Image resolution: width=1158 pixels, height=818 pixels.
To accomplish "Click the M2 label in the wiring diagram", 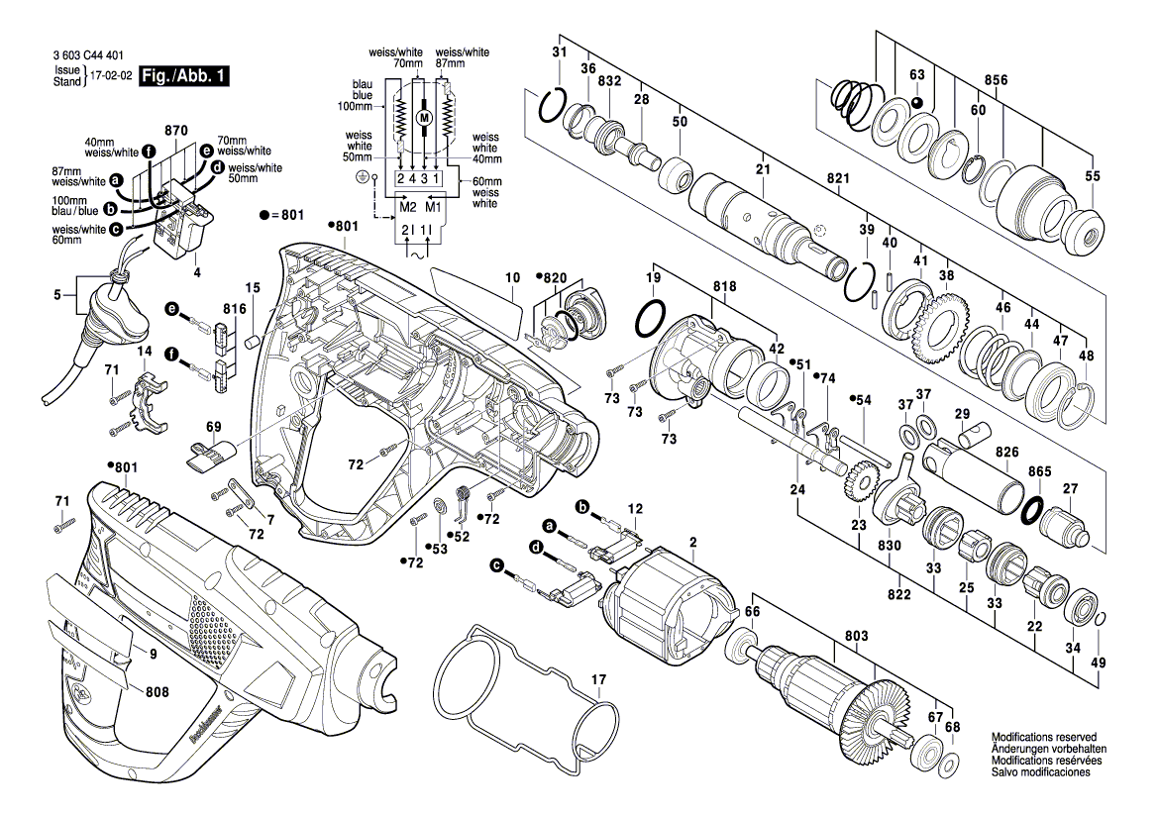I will pos(407,207).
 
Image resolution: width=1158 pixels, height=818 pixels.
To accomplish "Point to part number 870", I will pos(176,131).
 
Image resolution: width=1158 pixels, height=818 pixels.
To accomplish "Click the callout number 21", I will pos(763,170).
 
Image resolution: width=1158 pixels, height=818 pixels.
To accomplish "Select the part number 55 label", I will pos(1093,176).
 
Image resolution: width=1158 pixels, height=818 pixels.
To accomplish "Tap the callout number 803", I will pos(856,635).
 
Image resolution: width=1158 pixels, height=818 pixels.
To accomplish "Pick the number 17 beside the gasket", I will pos(597,679).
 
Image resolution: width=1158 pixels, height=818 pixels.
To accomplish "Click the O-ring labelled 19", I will pos(651,320).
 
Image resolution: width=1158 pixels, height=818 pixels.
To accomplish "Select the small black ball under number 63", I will pos(916,102).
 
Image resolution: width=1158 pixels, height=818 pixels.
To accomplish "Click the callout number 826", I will pos(1007,452).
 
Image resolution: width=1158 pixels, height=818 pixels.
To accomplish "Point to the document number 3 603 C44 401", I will pos(95,57).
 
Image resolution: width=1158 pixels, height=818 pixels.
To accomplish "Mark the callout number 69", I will pos(214,427).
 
